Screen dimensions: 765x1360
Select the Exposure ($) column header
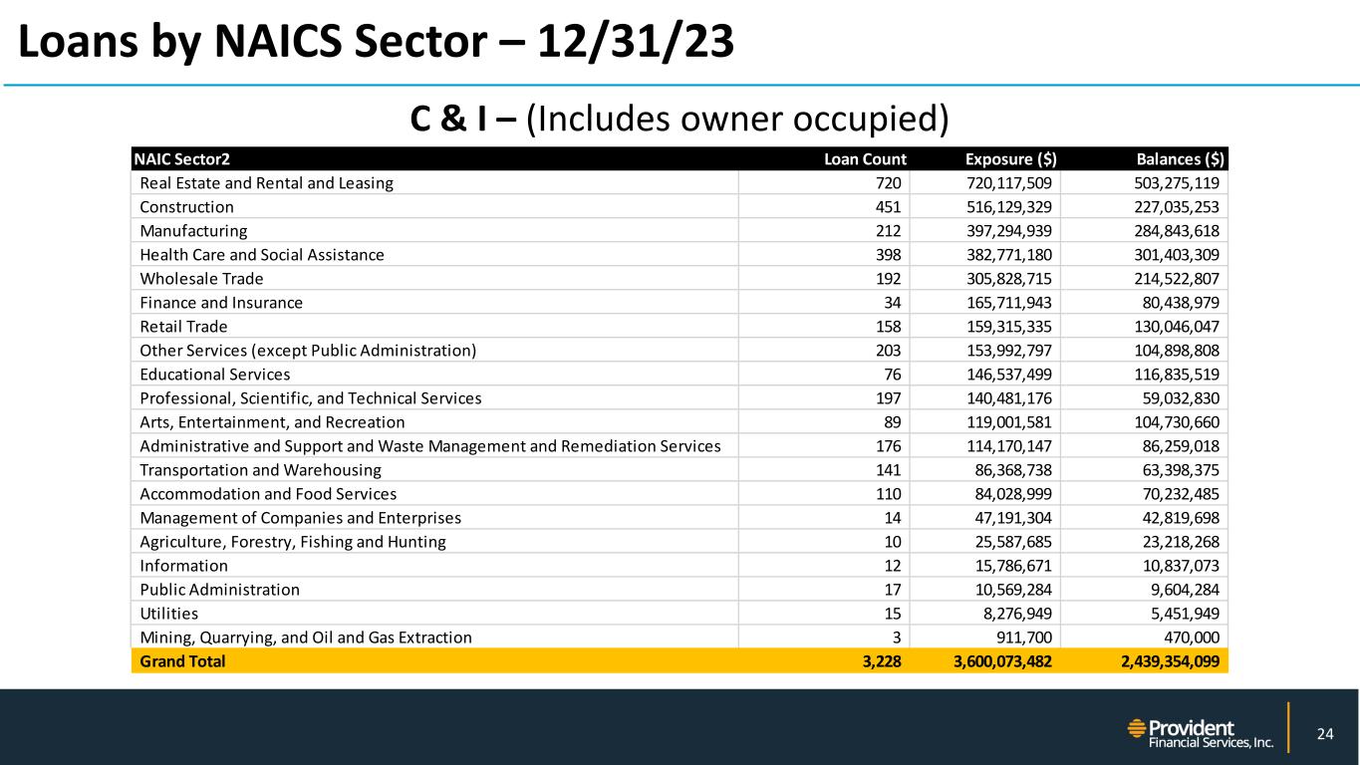1011,158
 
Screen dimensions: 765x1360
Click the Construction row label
187,207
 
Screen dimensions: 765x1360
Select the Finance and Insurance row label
221,303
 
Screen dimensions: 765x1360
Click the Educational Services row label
215,375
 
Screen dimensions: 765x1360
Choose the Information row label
184,566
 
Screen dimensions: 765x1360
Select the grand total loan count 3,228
882,661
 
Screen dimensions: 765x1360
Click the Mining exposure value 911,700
1027,637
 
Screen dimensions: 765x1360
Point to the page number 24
1324,735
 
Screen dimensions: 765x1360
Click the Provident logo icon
1136,728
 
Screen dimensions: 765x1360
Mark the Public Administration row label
219,590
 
